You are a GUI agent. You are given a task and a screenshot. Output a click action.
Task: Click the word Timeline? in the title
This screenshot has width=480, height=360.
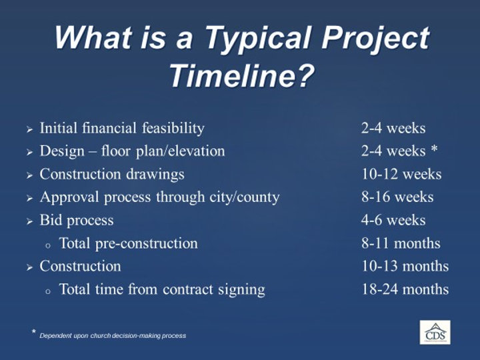(240, 75)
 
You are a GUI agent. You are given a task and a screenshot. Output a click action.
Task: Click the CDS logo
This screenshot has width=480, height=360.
(434, 332)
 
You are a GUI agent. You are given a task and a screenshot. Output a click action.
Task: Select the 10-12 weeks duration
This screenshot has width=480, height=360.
(401, 174)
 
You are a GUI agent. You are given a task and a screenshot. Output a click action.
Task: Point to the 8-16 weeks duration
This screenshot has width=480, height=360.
(397, 197)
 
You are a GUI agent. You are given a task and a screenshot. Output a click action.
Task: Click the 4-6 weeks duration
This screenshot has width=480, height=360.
(393, 220)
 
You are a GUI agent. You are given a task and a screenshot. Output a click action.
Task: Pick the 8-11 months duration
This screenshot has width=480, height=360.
(401, 243)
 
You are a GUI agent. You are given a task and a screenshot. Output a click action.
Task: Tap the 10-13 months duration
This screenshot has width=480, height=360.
(405, 266)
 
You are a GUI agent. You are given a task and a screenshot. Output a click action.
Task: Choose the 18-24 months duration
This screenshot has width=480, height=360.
(405, 289)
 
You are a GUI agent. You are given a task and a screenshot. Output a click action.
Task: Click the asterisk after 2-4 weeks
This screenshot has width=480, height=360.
(434, 151)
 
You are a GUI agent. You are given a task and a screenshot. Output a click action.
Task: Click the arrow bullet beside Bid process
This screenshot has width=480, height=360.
(29, 221)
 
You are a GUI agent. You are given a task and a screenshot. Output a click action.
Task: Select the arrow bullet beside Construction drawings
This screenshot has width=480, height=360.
(29, 175)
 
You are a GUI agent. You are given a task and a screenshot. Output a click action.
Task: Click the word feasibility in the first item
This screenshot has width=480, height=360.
(171, 128)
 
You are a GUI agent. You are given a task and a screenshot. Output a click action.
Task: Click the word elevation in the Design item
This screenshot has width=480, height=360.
(198, 151)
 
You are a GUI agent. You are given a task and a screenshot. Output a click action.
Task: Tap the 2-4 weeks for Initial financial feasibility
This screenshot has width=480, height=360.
(393, 128)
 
